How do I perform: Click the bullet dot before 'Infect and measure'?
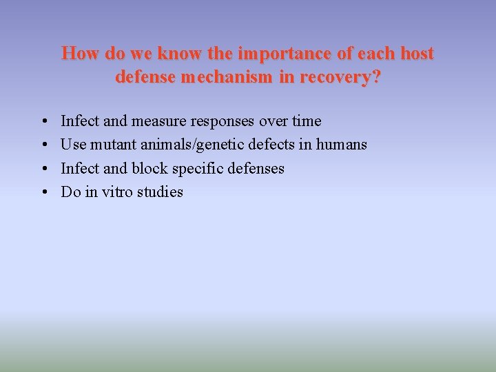pos(43,121)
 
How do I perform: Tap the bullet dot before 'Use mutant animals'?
pos(43,145)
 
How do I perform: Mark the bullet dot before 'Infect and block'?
pos(43,169)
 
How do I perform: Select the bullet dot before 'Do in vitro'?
pos(43,192)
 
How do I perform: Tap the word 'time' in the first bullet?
pos(307,121)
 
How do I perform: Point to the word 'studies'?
pos(161,192)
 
